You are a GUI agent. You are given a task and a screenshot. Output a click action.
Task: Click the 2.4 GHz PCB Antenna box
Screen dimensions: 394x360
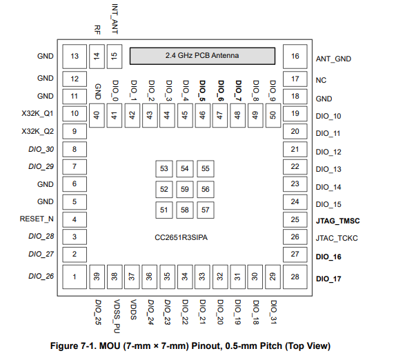(x=202, y=56)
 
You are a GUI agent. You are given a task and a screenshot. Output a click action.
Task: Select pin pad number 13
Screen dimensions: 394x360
(x=75, y=57)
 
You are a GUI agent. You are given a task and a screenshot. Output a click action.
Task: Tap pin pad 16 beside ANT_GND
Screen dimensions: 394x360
(x=295, y=57)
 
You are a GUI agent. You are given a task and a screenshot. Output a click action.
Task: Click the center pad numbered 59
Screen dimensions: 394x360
(x=185, y=189)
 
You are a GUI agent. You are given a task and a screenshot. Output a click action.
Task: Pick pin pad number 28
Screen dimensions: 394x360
(x=295, y=277)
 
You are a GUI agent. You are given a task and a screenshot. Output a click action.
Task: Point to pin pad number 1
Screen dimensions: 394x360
(x=75, y=277)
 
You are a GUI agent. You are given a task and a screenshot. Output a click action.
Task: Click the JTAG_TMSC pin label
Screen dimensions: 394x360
(x=337, y=221)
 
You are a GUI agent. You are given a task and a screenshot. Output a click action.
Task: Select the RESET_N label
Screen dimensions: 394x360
(x=37, y=219)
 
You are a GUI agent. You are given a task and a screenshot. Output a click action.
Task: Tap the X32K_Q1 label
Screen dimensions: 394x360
(x=37, y=114)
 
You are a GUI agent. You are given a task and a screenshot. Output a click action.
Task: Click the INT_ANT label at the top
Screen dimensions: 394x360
(x=115, y=19)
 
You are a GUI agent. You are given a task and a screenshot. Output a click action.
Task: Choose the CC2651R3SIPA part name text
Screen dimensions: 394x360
(x=181, y=238)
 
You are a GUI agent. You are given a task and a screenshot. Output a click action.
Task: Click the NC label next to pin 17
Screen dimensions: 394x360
(x=321, y=81)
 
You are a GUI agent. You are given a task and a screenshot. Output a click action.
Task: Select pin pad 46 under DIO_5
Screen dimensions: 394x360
(x=203, y=116)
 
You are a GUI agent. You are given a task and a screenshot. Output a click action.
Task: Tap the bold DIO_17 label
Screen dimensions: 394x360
(x=328, y=279)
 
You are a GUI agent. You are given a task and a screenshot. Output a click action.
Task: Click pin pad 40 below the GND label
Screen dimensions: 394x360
(x=97, y=116)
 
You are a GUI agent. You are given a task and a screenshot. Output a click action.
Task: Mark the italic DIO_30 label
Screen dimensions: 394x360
(x=41, y=149)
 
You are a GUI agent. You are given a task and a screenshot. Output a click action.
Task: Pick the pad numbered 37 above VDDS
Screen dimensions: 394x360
(x=132, y=277)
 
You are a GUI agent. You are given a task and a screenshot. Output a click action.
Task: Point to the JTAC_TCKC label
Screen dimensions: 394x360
(x=337, y=238)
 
